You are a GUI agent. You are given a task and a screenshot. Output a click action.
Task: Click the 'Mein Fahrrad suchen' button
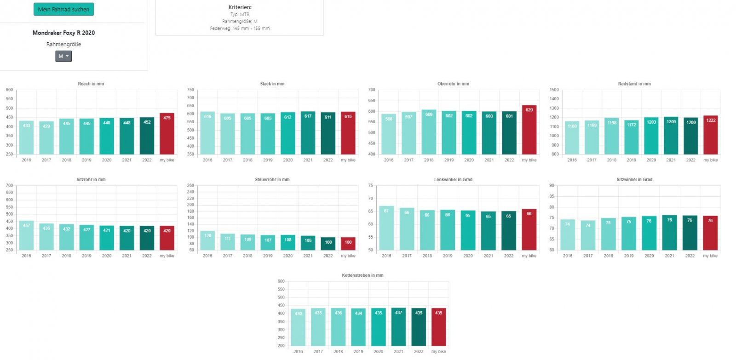63,9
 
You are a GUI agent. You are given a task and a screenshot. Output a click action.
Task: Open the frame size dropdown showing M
63,56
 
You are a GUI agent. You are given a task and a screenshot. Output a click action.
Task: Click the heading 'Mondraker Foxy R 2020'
63,33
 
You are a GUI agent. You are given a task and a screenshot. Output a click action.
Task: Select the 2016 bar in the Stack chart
207,133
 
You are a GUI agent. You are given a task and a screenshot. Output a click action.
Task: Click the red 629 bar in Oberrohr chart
529,130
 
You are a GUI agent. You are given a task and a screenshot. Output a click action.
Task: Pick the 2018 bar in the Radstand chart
611,136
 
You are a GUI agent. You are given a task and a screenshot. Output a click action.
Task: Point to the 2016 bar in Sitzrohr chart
26,235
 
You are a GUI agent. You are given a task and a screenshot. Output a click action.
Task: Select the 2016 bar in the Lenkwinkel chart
386,228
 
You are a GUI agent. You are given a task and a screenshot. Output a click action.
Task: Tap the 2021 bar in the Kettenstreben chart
398,327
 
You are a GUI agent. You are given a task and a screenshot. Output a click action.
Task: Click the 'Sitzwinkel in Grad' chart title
634,179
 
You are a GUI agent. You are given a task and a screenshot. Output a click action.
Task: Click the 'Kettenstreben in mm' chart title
362,275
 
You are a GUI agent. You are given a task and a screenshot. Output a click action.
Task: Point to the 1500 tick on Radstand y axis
554,90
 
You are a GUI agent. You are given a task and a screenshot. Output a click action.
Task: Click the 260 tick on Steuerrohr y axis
190,185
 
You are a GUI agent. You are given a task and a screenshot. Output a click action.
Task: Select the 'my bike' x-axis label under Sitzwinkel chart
710,256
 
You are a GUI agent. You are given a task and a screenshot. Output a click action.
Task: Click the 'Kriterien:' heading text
240,7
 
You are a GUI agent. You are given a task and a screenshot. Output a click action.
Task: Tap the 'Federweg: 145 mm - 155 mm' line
240,29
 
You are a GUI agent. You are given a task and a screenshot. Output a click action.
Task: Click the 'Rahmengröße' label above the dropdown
63,44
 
